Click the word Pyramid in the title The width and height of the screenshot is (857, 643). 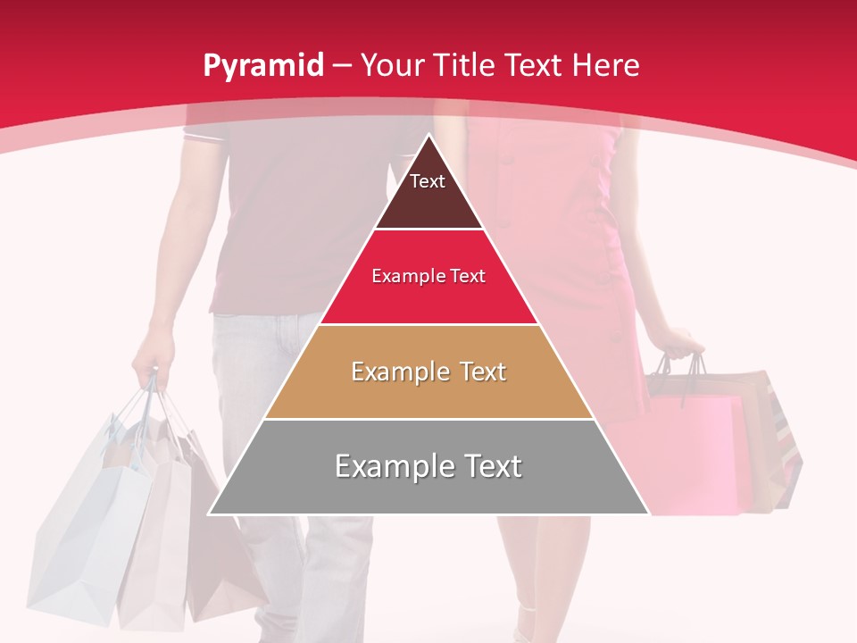pyautogui.click(x=262, y=66)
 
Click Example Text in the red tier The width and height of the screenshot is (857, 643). pyautogui.click(x=428, y=277)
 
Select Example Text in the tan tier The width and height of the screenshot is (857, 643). pyautogui.click(x=428, y=372)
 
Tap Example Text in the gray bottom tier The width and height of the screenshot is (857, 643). pyautogui.click(x=428, y=466)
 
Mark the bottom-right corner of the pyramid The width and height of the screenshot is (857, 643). pyautogui.click(x=647, y=514)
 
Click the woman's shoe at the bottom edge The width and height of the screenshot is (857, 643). pyautogui.click(x=527, y=625)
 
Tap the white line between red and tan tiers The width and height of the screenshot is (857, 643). pyautogui.click(x=428, y=324)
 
